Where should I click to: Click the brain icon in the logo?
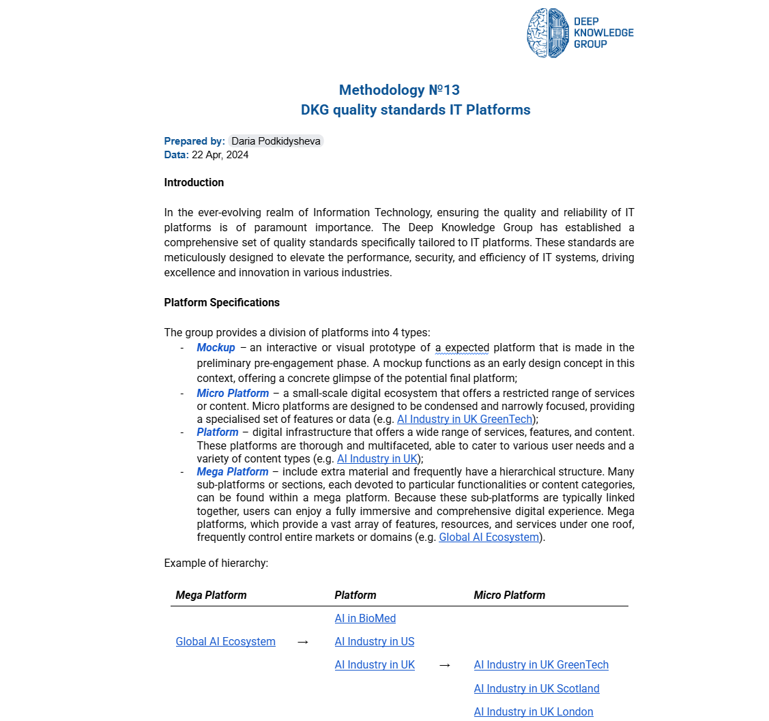pyautogui.click(x=548, y=33)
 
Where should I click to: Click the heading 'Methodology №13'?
pyautogui.click(x=399, y=90)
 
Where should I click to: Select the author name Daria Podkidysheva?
pyautogui.click(x=276, y=141)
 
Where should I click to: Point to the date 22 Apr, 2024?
pyautogui.click(x=220, y=155)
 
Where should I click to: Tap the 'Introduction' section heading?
pyautogui.click(x=194, y=182)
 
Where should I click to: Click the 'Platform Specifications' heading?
pyautogui.click(x=222, y=302)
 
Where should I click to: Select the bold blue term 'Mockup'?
pyautogui.click(x=216, y=348)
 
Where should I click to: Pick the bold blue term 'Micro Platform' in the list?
pyautogui.click(x=233, y=394)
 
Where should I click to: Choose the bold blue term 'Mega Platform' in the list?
pyautogui.click(x=233, y=472)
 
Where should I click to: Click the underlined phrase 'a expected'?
pyautogui.click(x=462, y=348)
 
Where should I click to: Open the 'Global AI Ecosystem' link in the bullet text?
pyautogui.click(x=489, y=538)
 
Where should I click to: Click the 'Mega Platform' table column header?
pyautogui.click(x=211, y=595)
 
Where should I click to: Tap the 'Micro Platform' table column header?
pyautogui.click(x=509, y=595)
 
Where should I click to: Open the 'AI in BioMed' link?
pyautogui.click(x=365, y=619)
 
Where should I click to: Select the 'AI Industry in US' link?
pyautogui.click(x=374, y=642)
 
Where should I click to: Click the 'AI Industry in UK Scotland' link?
pyautogui.click(x=536, y=689)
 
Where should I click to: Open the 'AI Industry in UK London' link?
pyautogui.click(x=534, y=712)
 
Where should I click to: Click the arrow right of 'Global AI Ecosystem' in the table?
pyautogui.click(x=304, y=642)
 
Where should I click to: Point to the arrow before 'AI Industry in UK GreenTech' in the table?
pyautogui.click(x=445, y=665)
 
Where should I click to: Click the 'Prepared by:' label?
pyautogui.click(x=194, y=141)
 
